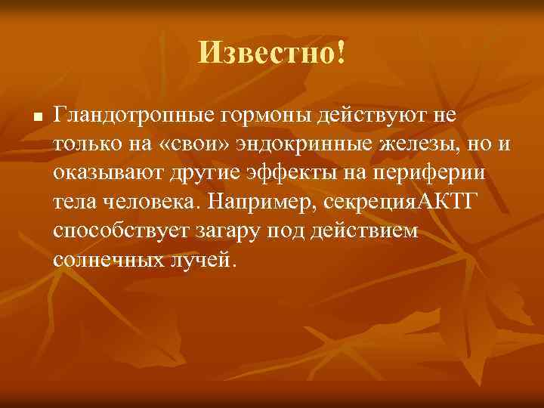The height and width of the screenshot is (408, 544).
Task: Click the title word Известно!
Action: pyautogui.click(x=272, y=53)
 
